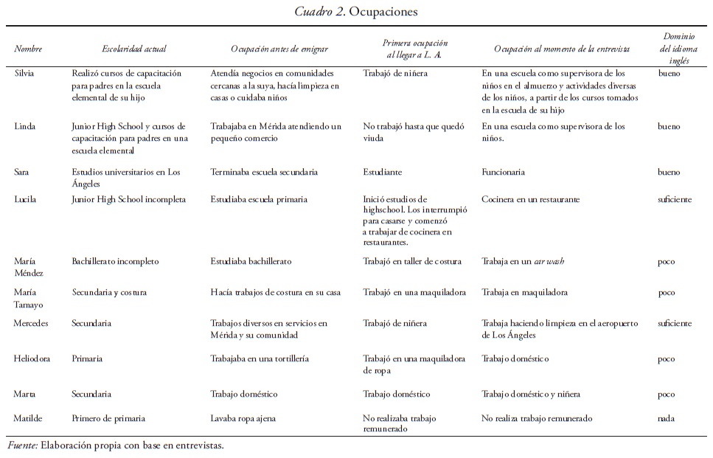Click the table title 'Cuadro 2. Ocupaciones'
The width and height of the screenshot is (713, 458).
coord(356,12)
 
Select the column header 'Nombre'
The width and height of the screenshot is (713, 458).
coord(28,49)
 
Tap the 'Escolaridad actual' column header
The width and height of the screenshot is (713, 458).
coord(133,49)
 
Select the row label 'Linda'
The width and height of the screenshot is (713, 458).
coord(24,127)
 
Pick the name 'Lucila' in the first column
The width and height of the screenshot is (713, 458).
coord(26,199)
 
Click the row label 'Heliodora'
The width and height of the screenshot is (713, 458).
coord(32,359)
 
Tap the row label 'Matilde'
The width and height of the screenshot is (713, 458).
coord(28,419)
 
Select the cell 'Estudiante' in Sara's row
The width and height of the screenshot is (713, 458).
coord(382,173)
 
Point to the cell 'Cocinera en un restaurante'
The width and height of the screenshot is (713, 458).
coord(530,199)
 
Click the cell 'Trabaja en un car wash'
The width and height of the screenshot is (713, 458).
coord(523,262)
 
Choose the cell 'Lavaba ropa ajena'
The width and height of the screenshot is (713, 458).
coord(243,419)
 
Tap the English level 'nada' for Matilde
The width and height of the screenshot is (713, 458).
coord(666,419)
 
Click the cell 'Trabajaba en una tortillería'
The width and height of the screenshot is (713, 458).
coord(260,359)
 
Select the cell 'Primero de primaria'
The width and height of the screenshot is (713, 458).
coord(108,419)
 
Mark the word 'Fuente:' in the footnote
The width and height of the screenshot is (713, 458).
coord(23,445)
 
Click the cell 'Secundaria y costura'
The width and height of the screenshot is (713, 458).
coord(108,293)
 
